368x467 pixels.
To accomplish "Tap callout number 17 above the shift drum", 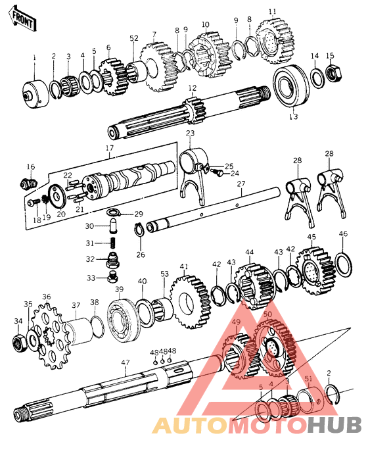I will click(x=109, y=148).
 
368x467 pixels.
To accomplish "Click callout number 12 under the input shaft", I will click(x=192, y=87).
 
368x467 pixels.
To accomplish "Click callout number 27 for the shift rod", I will click(x=241, y=184).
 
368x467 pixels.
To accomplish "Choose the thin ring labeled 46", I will click(x=342, y=262).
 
